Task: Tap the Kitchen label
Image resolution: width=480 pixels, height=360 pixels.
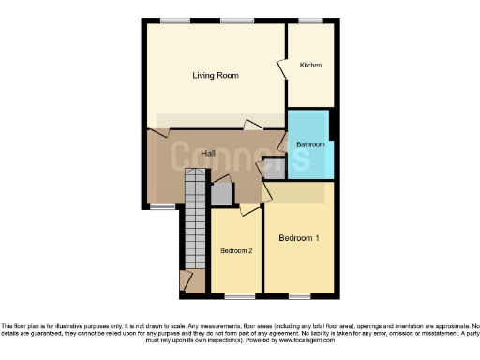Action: pos(310,66)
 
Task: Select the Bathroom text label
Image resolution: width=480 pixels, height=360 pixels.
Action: pos(310,144)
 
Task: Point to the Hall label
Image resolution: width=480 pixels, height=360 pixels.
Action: pos(196,153)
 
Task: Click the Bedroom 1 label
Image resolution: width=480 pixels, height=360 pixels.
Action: pos(299,238)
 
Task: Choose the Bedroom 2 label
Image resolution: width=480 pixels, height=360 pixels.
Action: pos(235,251)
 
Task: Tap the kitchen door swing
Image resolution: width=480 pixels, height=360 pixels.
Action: pos(281,69)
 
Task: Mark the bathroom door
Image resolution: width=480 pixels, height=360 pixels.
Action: pos(282,142)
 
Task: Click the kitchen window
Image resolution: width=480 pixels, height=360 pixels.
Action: pos(310,21)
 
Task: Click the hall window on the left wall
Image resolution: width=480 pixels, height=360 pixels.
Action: pos(161,206)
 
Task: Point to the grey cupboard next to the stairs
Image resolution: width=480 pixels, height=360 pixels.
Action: pos(220,194)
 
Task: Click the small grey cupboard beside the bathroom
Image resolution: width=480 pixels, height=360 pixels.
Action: pos(273,168)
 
